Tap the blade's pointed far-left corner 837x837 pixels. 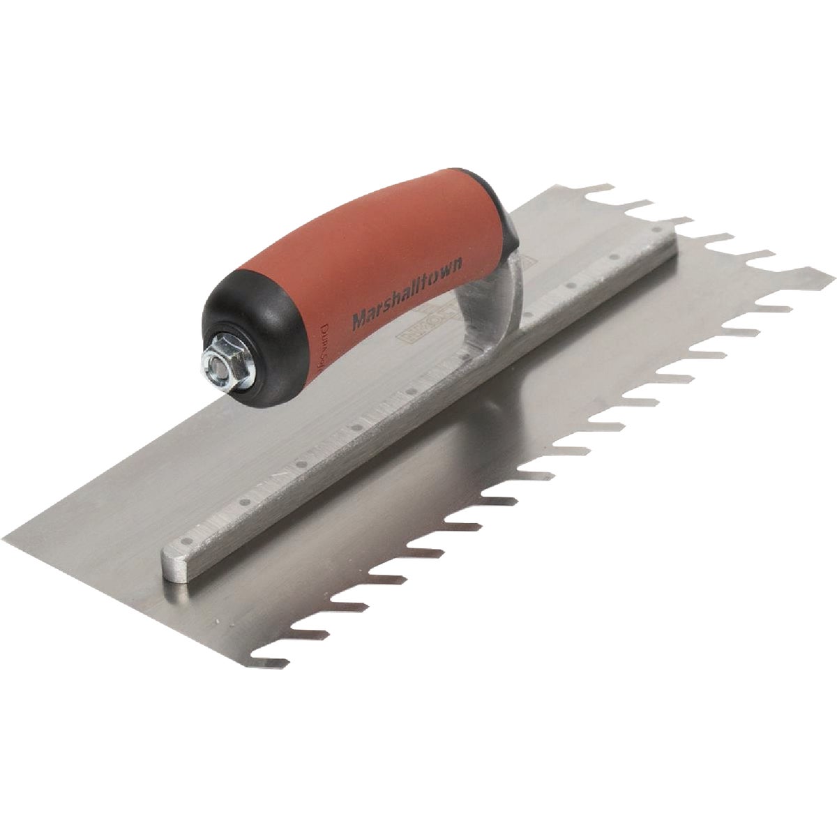click(7, 537)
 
